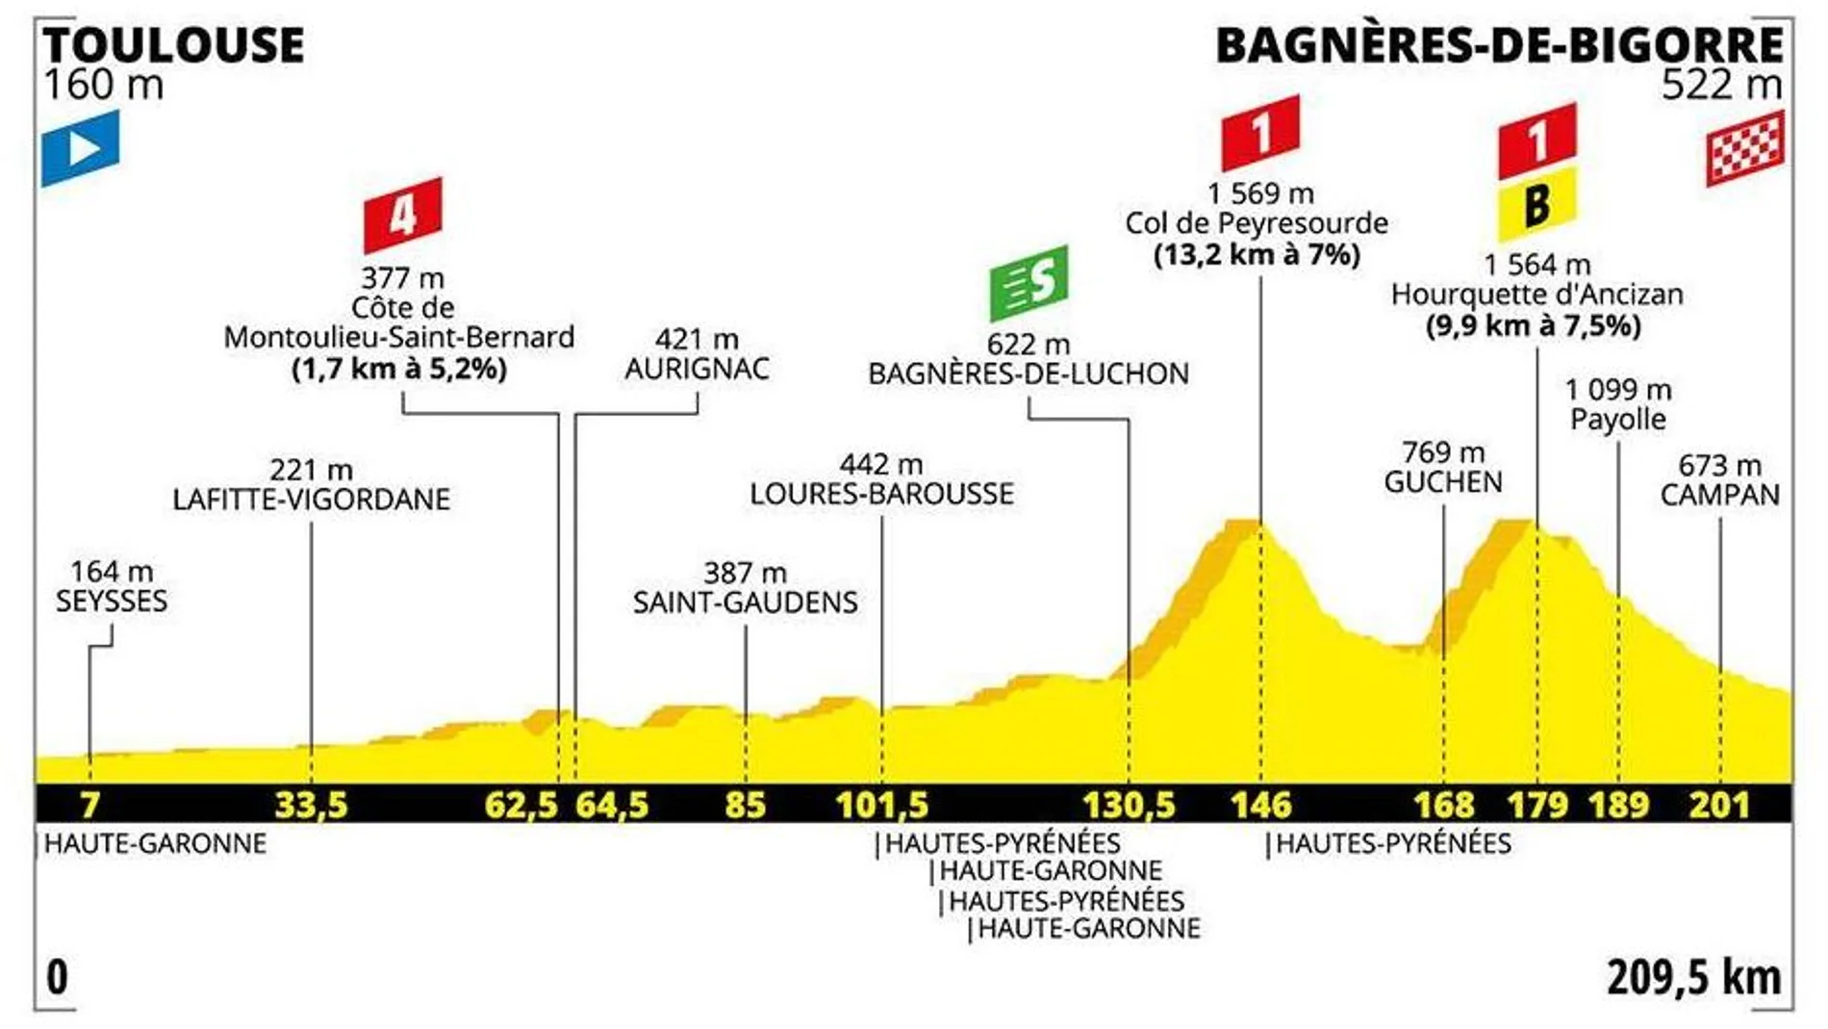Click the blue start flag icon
click(x=81, y=147)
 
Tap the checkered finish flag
click(x=1745, y=147)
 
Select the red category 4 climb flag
click(x=402, y=215)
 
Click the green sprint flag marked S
click(x=1028, y=283)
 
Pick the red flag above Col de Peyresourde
click(x=1260, y=132)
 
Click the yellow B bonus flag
click(x=1536, y=204)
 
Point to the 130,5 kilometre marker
click(x=1129, y=804)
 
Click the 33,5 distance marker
click(x=311, y=804)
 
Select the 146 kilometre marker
click(x=1260, y=804)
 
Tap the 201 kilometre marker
click(x=1719, y=804)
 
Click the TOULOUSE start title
click(x=174, y=45)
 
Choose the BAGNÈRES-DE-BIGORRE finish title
click(x=1499, y=45)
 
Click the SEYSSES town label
click(x=112, y=601)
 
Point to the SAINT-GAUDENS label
click(x=745, y=602)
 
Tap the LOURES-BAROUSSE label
click(x=881, y=494)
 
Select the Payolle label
click(x=1618, y=419)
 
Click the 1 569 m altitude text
click(x=1260, y=193)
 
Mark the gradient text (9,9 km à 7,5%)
click(x=1533, y=325)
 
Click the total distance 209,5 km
click(x=1693, y=977)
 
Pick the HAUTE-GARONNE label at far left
click(x=155, y=843)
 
